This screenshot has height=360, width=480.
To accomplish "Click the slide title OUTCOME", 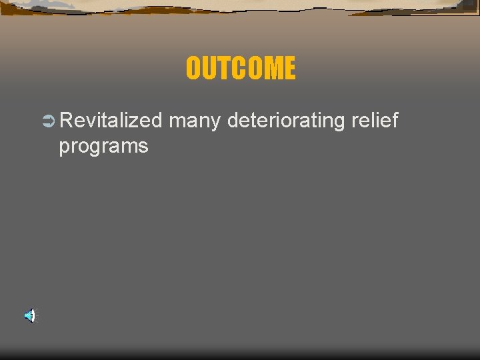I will coord(240,68).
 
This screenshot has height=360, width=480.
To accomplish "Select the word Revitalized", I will coord(110,121).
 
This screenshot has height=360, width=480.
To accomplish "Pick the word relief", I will coord(374,121).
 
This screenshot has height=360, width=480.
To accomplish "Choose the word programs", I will coord(103,147).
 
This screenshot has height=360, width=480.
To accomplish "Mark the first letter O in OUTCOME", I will coord(193,68).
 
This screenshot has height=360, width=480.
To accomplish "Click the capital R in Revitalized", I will coord(66,121).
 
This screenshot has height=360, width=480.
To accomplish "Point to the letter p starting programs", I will coord(64,148).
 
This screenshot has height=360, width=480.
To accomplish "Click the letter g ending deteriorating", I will coord(339,124).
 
